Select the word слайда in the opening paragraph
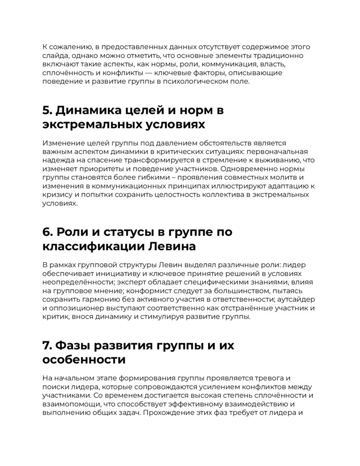click(x=55, y=56)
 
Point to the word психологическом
click(x=201, y=81)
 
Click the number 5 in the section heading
click(x=46, y=110)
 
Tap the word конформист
click(x=148, y=290)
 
